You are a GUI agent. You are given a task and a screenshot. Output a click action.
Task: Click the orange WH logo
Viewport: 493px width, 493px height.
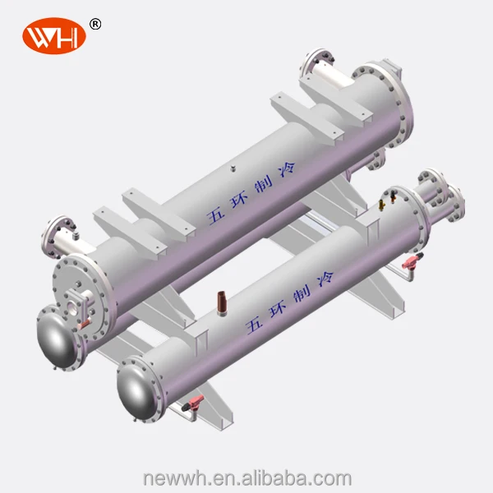(x=53, y=38)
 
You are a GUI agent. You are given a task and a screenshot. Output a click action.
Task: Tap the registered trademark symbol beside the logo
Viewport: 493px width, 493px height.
(x=95, y=25)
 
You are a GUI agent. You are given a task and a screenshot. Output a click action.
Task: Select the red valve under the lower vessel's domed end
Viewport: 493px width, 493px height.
(x=195, y=403)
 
